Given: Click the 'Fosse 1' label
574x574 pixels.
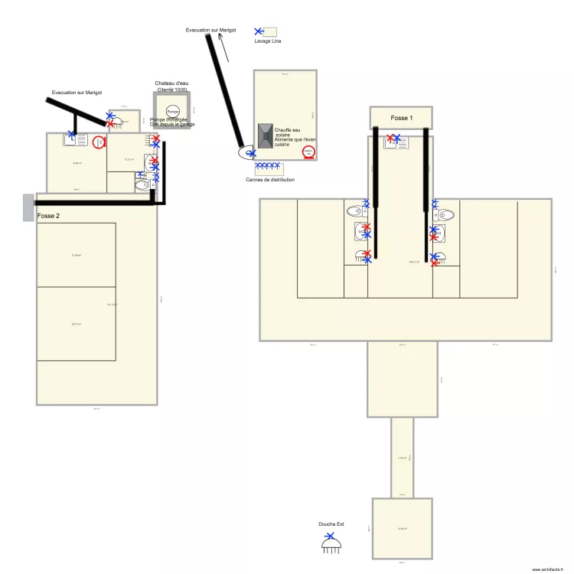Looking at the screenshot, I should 401,118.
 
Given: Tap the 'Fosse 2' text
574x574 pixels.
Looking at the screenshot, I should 47,217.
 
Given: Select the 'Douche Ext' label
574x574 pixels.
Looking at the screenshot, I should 331,524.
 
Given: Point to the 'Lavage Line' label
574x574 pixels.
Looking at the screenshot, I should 268,41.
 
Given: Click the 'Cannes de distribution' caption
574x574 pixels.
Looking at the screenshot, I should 269,180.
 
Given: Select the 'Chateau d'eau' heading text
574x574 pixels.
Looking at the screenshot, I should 171,83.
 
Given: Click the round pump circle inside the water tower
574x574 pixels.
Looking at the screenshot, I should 173,112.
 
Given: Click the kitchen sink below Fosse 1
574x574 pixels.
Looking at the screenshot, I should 396,142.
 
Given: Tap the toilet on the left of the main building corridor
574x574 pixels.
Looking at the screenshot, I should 355,210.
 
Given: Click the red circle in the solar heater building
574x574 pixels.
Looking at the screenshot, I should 308,152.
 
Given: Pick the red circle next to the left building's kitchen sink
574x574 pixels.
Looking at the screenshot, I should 98,142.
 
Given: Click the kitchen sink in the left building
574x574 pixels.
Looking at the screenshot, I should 76,141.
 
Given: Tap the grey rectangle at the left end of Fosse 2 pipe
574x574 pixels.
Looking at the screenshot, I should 28,207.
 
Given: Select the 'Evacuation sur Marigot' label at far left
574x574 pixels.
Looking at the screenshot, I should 77,92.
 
